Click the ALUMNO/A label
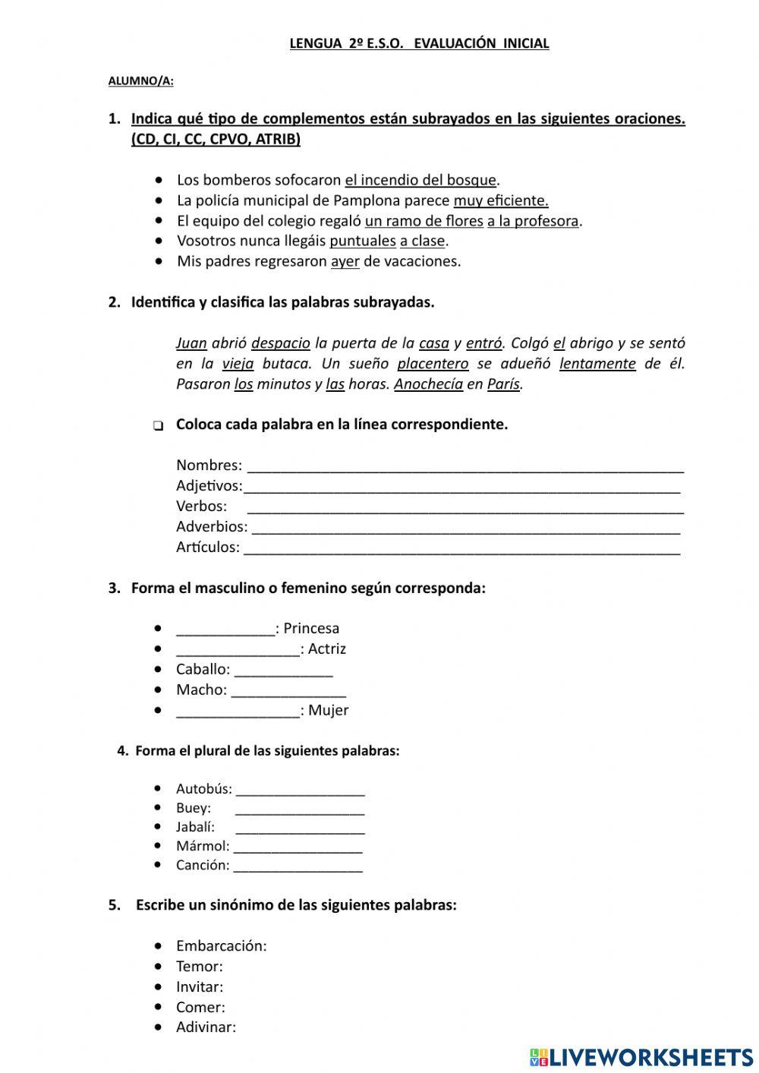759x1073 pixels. [140, 80]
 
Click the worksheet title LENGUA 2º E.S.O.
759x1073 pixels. [419, 43]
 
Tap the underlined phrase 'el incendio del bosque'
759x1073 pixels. [420, 180]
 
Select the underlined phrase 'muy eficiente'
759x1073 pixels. [500, 200]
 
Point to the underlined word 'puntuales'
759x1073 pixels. [362, 241]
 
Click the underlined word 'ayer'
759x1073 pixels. [345, 261]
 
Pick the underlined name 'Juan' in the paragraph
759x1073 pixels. [191, 342]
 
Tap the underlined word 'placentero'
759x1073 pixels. [433, 363]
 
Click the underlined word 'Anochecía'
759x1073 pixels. [428, 383]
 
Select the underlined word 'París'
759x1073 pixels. [503, 383]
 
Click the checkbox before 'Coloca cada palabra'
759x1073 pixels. [158, 425]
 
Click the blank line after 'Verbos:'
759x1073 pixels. [465, 507]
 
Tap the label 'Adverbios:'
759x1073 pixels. [212, 526]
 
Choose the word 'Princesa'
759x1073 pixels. [311, 628]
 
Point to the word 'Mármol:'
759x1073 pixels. [203, 846]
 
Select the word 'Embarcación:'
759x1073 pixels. [221, 945]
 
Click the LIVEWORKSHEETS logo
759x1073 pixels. [641, 1057]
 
